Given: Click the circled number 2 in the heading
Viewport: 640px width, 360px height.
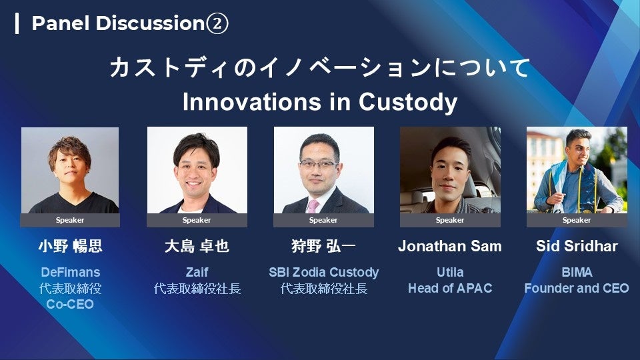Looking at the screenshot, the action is [217, 23].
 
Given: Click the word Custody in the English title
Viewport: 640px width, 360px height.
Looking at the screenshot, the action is [408, 102].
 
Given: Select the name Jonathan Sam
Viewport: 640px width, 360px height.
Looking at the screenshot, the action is [450, 246].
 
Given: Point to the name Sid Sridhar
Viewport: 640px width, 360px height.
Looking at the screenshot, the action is [577, 246].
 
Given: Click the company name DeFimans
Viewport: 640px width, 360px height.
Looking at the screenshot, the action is [70, 272].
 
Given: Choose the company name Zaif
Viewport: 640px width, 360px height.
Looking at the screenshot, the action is [197, 272].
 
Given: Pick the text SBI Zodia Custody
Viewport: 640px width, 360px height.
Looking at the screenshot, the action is [324, 272].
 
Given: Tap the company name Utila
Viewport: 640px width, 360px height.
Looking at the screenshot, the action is [450, 272].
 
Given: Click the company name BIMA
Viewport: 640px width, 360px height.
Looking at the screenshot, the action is [577, 272].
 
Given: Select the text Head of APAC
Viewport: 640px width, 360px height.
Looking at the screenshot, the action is [450, 288].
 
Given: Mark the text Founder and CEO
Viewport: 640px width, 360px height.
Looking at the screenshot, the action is [577, 288].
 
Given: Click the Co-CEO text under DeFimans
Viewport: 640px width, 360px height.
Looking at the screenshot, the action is [70, 304].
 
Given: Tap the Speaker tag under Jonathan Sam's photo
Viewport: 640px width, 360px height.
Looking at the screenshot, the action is [450, 220].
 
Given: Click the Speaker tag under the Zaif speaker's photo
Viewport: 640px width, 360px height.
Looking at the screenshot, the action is [197, 220].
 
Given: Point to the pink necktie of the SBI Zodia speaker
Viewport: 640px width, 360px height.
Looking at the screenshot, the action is [313, 206].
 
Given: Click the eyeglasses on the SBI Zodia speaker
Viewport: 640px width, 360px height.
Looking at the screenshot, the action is [319, 165].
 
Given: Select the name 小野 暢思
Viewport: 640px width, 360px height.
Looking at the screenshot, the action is [70, 247].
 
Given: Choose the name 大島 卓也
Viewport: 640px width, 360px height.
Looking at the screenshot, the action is [197, 247].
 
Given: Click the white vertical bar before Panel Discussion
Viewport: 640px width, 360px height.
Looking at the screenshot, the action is [17, 23].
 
